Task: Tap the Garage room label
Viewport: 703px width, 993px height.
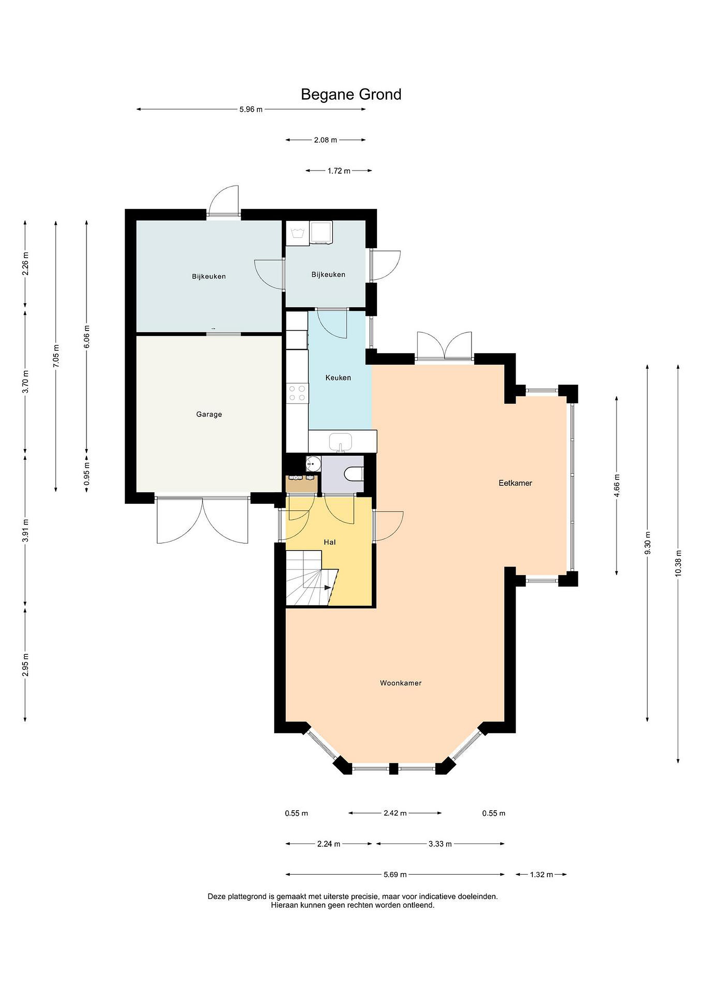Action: (209, 414)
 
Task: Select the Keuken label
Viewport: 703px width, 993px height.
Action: (338, 378)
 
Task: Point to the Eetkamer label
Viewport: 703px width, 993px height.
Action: (515, 483)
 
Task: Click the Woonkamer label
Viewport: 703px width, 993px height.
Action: (401, 683)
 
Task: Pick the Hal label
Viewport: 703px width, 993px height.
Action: (330, 542)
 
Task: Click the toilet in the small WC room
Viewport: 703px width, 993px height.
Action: (354, 474)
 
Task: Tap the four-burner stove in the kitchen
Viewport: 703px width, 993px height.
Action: (297, 393)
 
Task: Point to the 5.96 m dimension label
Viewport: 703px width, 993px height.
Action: (251, 109)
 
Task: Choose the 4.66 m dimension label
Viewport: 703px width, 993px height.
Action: (617, 486)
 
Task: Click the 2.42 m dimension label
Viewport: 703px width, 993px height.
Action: (395, 813)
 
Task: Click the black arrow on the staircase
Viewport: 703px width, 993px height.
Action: (327, 587)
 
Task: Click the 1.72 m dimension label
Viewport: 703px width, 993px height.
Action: (339, 171)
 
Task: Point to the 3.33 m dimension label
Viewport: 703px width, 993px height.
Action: (440, 844)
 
